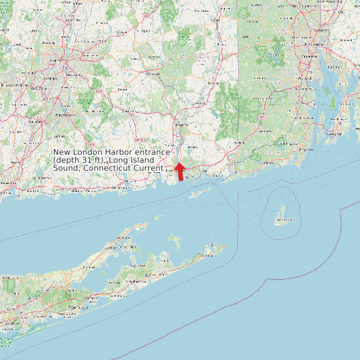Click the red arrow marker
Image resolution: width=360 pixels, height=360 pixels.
pyautogui.click(x=179, y=171)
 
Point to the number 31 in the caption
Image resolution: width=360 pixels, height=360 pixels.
pyautogui.click(x=93, y=161)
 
